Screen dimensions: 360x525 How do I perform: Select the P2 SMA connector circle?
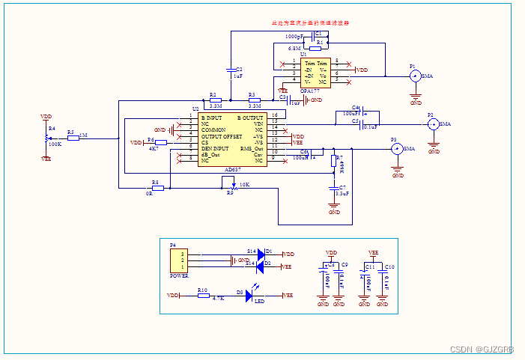click(433, 124)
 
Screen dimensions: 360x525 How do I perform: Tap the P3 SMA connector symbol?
click(397, 149)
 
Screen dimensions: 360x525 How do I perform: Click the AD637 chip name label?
click(233, 170)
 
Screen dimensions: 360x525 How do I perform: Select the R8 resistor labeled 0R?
click(157, 188)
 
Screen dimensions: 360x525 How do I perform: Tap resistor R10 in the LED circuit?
click(203, 296)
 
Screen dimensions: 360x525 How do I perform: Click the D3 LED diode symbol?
click(250, 296)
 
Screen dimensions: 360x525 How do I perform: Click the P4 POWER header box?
click(178, 260)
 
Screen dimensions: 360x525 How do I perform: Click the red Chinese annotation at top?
click(310, 23)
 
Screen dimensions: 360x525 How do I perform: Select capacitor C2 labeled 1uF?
click(231, 73)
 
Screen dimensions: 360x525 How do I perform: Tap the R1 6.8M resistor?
click(320, 43)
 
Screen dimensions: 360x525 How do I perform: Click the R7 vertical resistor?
click(334, 162)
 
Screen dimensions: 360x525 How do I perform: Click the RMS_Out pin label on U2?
click(252, 149)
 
